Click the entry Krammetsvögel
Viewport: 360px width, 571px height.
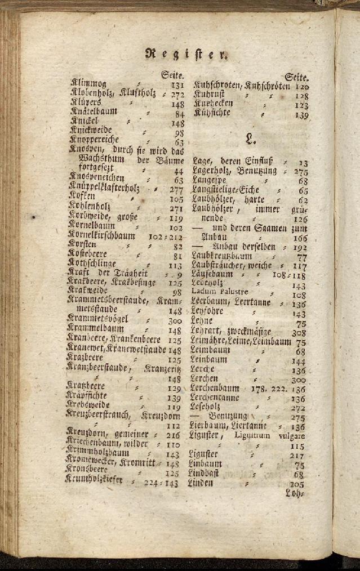click(97, 319)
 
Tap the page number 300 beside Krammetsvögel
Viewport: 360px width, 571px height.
click(174, 320)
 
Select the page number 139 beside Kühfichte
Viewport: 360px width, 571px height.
click(301, 115)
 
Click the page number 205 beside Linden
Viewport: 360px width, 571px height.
click(297, 484)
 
